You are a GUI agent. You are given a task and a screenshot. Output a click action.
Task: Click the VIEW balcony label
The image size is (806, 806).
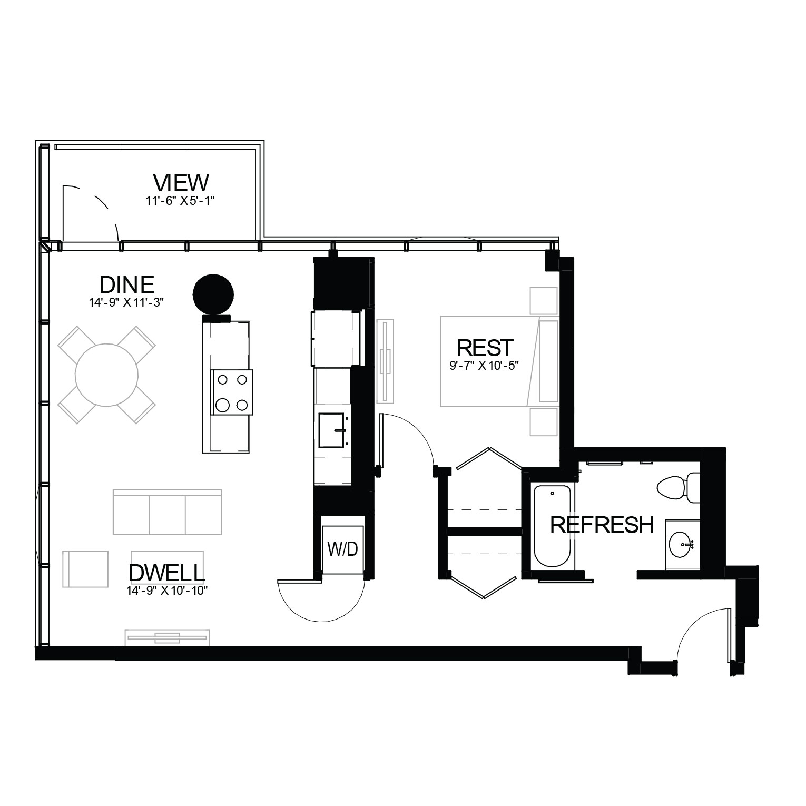pos(181,183)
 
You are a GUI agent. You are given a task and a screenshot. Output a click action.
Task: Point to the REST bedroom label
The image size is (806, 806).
pos(485,348)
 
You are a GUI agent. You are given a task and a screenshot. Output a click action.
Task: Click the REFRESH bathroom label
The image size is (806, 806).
pos(602,525)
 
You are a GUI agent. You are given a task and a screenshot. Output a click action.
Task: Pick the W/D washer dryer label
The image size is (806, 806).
pos(342,549)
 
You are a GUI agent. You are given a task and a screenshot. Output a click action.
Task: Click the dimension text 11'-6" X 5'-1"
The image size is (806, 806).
pos(181,200)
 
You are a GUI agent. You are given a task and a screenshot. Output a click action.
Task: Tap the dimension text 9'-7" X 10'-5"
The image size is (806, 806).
pos(485,365)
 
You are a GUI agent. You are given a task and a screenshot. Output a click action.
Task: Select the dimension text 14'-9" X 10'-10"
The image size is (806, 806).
pos(166,591)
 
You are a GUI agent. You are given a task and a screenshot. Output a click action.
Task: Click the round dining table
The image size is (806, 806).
pos(106,375)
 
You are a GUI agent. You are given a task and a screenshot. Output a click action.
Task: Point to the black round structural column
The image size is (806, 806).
pos(213,294)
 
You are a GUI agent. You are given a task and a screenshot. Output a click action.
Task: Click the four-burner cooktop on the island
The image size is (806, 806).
pos(232,391)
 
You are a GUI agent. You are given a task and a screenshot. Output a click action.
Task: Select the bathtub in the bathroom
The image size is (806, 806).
pos(552,526)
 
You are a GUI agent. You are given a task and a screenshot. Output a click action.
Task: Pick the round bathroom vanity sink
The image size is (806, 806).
pos(683,543)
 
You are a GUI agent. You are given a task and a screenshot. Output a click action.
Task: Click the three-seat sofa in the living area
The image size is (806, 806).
pos(167,512)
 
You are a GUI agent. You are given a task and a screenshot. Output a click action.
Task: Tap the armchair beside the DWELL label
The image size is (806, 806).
pos(85,569)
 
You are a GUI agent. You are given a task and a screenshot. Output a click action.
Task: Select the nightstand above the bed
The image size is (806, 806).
pos(544,301)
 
